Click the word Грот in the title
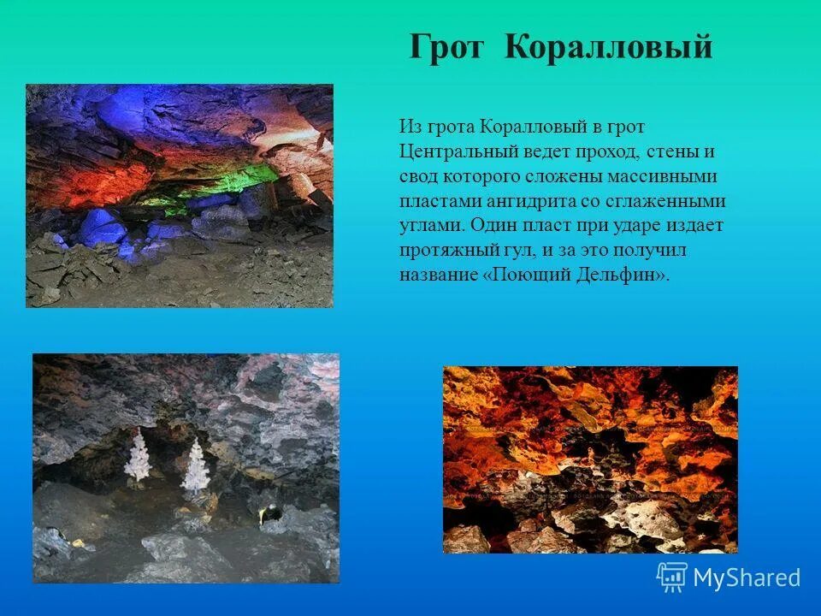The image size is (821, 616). (447, 47)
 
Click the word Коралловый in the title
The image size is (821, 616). (608, 47)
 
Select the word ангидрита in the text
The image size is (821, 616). (516, 202)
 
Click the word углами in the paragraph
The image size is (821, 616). (431, 227)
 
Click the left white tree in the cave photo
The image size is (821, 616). (138, 457)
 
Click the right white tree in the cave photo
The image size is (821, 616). (196, 465)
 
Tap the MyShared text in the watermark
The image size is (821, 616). (747, 577)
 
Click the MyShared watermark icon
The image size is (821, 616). (672, 577)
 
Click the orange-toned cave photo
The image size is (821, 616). (590, 459)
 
